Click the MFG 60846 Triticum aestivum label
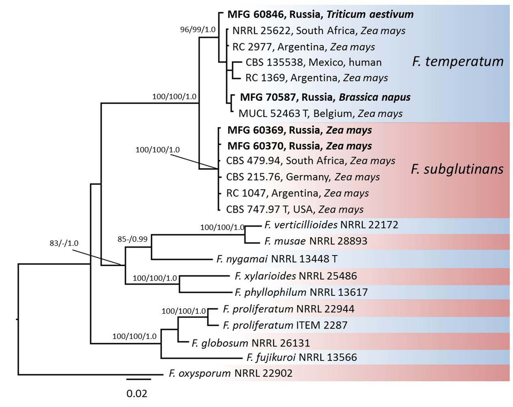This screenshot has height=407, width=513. tap(320, 14)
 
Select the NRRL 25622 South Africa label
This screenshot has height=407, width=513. tap(319, 31)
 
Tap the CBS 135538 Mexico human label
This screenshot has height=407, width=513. tap(313, 62)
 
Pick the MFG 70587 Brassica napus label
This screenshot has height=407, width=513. tap(325, 97)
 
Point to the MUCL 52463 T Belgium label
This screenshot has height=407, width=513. tap(320, 114)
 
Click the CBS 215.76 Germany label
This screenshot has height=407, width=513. tap(303, 177)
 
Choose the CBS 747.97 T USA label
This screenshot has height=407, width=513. tap(295, 209)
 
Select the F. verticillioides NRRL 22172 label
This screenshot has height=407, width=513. tap(331, 225)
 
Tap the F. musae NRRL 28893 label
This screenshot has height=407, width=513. tap(316, 241)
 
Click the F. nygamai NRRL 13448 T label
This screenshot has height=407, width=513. tap(277, 259)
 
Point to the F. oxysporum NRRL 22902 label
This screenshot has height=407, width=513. tap(230, 373)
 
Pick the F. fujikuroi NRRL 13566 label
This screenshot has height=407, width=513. tap(301, 357)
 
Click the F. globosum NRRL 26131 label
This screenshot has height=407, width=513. tap(251, 343)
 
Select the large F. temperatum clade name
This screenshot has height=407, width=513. tap(458, 62)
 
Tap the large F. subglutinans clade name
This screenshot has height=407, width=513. tap(457, 169)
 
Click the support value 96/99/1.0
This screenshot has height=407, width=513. tap(198, 29)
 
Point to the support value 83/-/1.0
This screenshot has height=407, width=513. tap(64, 243)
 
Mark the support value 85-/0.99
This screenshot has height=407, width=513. tap(133, 239)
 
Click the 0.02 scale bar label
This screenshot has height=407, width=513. tap(137, 393)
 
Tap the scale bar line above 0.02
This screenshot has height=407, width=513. tap(139, 379)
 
